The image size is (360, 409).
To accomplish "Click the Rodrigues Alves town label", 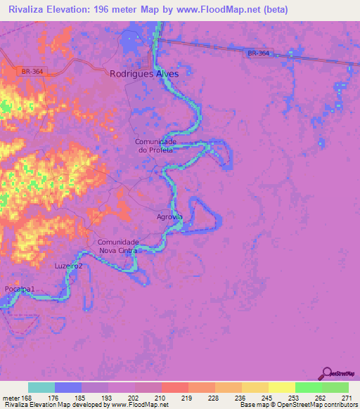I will [x=145, y=74].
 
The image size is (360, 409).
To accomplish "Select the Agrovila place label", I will [x=169, y=217].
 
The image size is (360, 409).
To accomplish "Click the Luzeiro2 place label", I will [x=69, y=266].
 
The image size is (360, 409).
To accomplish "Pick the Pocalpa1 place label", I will [x=19, y=290].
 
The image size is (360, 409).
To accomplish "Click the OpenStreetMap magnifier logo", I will [x=326, y=373].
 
